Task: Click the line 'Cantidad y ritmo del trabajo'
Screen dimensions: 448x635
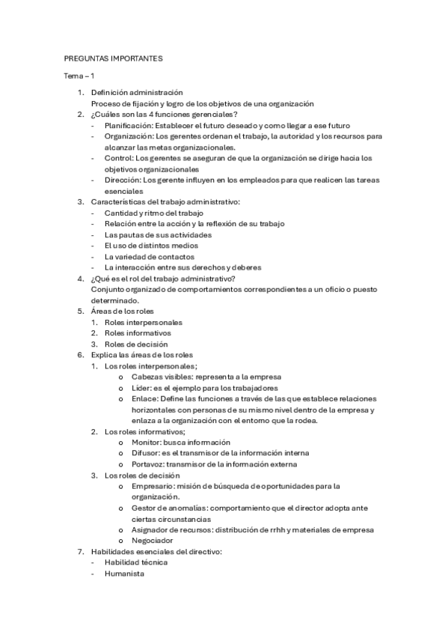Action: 154,213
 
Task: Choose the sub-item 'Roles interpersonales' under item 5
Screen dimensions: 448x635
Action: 144,322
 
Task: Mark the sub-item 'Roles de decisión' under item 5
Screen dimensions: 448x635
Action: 136,344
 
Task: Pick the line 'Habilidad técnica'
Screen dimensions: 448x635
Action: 136,562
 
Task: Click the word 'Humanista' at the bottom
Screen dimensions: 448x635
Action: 124,574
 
